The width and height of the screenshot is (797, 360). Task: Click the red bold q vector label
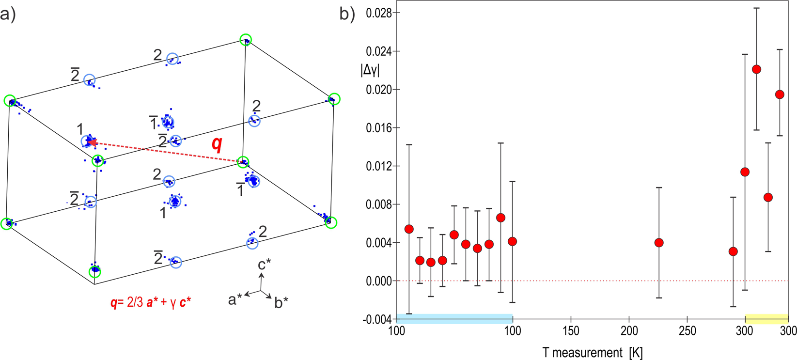(x=217, y=144)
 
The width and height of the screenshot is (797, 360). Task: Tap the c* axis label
(x=264, y=265)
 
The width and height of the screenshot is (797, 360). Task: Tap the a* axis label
(x=235, y=300)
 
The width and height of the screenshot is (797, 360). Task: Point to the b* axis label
(x=281, y=303)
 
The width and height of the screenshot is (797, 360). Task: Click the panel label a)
(x=8, y=14)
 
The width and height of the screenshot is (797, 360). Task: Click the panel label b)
(x=347, y=14)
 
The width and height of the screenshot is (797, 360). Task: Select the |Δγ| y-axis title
(x=371, y=70)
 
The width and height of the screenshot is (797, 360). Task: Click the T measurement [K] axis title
(x=592, y=352)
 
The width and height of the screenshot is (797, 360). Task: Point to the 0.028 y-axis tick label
(x=379, y=13)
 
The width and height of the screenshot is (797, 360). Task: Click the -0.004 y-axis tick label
(x=377, y=319)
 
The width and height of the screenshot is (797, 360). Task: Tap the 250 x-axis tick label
(x=687, y=331)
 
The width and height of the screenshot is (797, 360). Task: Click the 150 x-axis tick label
(x=571, y=331)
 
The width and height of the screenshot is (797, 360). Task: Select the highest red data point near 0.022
(x=756, y=69)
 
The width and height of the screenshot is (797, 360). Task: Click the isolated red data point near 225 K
(x=659, y=242)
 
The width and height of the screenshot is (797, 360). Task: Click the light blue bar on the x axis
(x=454, y=318)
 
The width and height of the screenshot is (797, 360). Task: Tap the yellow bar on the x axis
(x=766, y=318)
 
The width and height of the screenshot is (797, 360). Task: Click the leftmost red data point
(x=409, y=229)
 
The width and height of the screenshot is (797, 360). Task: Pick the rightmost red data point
(x=780, y=94)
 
